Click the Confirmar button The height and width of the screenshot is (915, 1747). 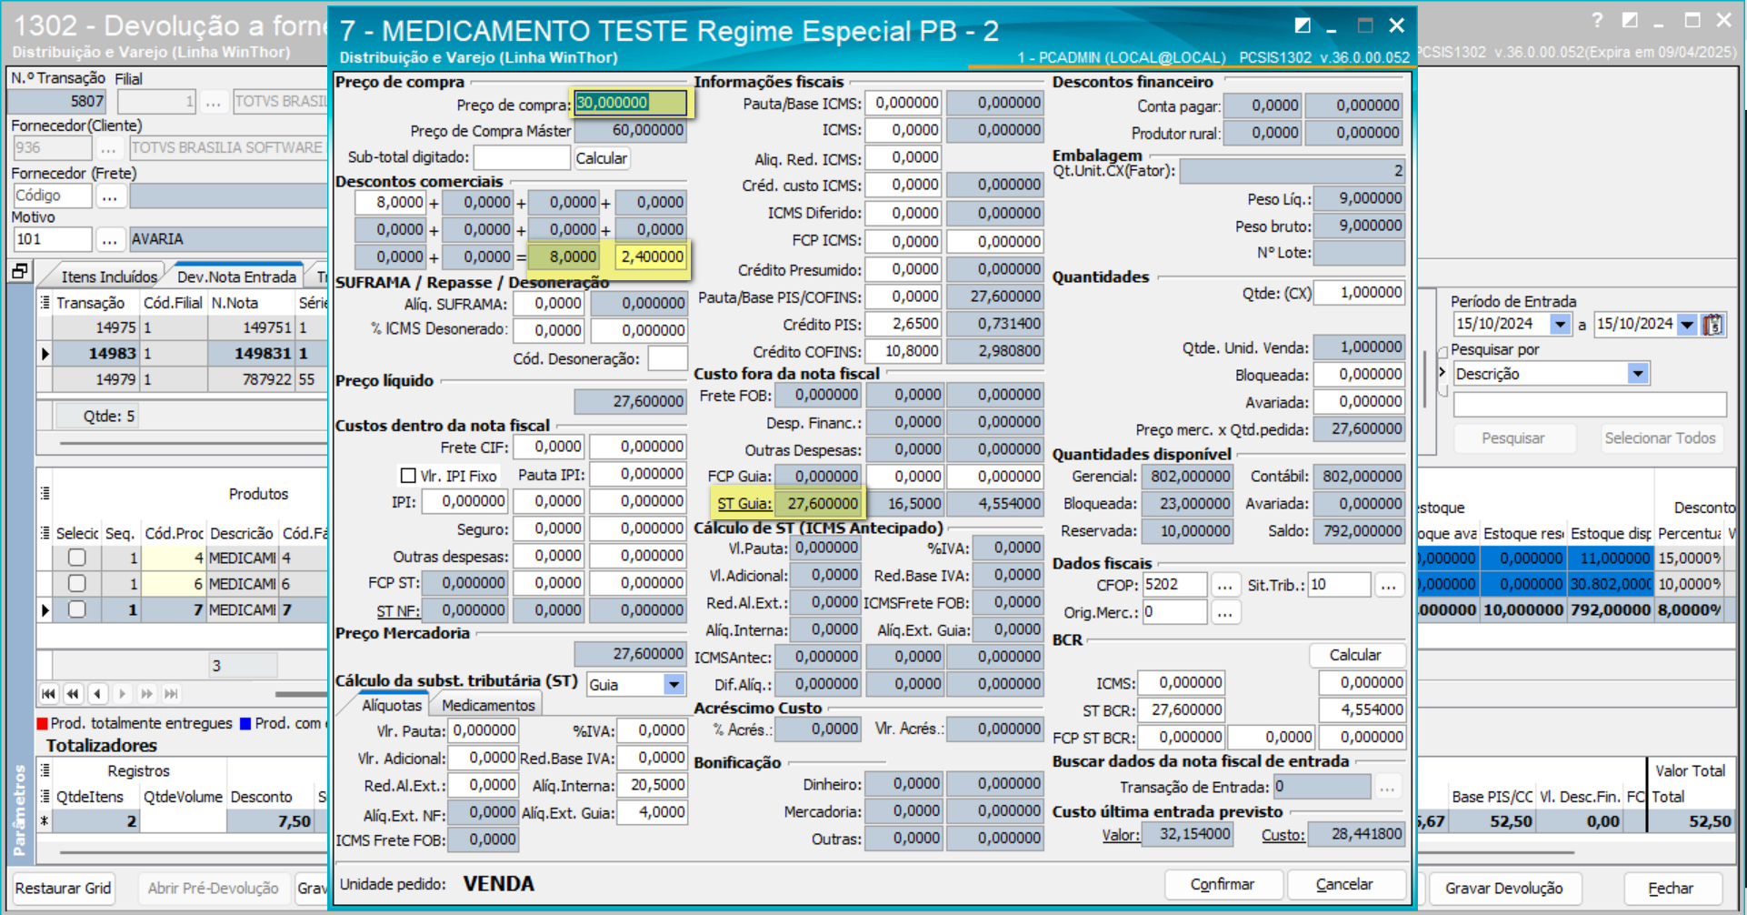[x=1223, y=884]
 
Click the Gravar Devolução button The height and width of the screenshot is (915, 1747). [x=1503, y=888]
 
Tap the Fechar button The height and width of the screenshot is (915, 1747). [x=1671, y=888]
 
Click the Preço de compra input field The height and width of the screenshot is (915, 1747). [x=630, y=103]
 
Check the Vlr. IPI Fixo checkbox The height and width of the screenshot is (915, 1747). [x=409, y=475]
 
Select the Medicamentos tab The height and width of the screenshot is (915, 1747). [x=488, y=705]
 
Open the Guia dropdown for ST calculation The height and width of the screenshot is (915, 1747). [x=674, y=684]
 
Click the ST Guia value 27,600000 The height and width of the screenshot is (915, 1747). [x=821, y=503]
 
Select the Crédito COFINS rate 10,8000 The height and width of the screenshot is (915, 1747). [x=903, y=351]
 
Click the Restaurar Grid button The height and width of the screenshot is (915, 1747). [x=63, y=888]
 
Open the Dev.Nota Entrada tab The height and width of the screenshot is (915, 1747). [x=236, y=277]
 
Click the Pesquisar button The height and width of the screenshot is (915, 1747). [x=1512, y=438]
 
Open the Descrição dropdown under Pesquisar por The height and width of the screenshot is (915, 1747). [x=1637, y=374]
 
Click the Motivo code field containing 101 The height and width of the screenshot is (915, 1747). [x=52, y=239]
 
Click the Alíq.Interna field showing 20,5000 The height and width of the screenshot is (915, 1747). [x=652, y=784]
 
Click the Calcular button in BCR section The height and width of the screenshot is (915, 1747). [x=1354, y=655]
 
